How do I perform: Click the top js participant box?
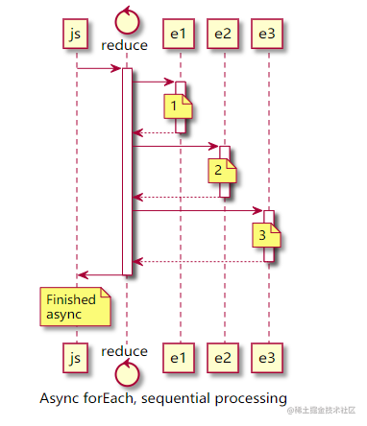75,35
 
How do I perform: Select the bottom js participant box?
75,359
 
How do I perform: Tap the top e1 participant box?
178,35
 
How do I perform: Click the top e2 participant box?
223,35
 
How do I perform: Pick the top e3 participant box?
268,35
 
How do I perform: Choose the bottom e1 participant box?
178,359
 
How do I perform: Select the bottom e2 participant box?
223,359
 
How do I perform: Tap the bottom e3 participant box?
268,359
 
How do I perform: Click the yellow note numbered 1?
175,105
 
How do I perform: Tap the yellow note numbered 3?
265,234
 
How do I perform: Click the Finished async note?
72,307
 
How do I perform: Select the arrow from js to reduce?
99,68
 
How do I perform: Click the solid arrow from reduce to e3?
197,210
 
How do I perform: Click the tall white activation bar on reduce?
126,173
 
